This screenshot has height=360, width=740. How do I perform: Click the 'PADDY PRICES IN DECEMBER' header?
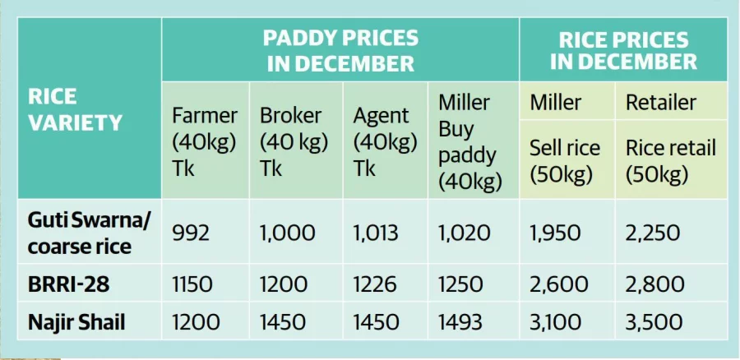(x=340, y=51)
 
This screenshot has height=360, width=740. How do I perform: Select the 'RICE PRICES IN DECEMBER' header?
(x=623, y=51)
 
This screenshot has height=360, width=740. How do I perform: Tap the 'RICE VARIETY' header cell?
(x=76, y=109)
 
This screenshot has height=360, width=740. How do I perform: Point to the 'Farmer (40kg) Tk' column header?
(x=205, y=141)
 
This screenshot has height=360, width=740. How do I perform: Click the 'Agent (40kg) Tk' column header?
(x=386, y=141)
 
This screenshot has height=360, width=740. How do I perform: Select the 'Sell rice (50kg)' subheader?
(x=565, y=161)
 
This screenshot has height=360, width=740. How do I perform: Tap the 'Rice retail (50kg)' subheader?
(x=670, y=161)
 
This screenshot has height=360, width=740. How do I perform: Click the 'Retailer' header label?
(x=661, y=103)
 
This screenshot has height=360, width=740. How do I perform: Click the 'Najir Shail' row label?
(x=76, y=322)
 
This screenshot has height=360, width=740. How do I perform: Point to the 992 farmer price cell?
(x=191, y=233)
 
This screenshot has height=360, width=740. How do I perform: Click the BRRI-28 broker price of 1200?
(x=283, y=284)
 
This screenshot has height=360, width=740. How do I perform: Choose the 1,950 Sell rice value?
(x=558, y=233)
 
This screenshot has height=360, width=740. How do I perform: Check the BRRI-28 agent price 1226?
(x=377, y=284)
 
